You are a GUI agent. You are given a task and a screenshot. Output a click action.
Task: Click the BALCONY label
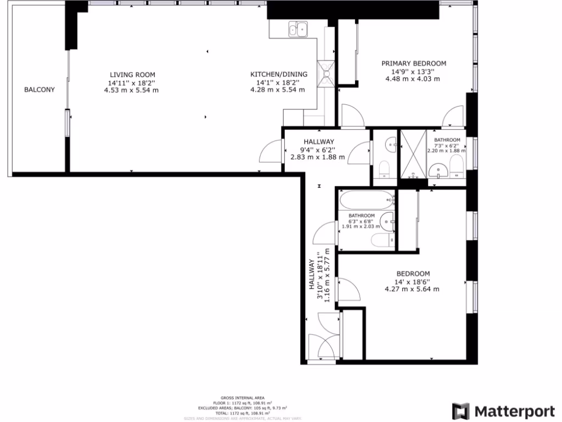coord(39,90)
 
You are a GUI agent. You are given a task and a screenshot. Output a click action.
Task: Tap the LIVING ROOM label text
coord(132,75)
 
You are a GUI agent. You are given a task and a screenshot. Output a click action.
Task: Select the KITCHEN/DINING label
coord(279,75)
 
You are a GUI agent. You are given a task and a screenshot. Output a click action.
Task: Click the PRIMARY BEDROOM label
coord(414,64)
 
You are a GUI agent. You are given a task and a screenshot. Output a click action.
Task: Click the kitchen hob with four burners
coord(328,73)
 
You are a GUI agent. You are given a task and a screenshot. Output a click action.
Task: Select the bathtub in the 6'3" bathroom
coord(367,199)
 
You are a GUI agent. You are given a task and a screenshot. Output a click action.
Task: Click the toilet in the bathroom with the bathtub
coord(381,240)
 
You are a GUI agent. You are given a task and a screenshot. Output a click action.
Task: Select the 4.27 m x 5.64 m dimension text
coord(412,289)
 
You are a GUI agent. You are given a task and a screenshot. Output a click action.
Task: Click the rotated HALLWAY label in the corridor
coord(311,275)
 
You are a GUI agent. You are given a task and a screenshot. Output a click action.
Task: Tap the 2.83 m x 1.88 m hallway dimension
coord(317,157)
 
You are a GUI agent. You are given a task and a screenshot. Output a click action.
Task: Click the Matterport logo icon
coord(461,411)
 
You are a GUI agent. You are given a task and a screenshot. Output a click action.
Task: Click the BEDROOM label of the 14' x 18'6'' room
coord(413,274)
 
